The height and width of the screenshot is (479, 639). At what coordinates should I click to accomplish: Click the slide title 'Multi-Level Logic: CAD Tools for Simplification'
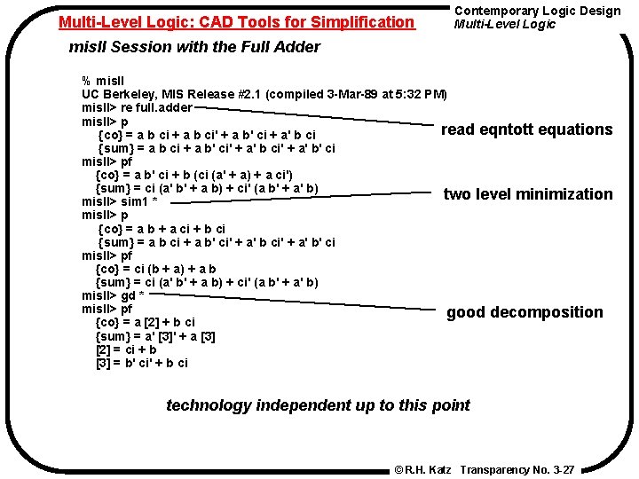(236, 21)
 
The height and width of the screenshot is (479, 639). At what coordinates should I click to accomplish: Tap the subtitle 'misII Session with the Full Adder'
(194, 47)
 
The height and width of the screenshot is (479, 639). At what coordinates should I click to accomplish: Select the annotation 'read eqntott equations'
(526, 130)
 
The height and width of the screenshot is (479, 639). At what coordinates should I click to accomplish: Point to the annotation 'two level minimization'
(528, 194)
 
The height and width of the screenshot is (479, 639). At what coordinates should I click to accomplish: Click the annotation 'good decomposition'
(525, 312)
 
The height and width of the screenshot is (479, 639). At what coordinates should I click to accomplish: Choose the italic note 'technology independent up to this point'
(319, 405)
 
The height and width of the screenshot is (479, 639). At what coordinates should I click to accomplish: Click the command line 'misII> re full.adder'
(137, 107)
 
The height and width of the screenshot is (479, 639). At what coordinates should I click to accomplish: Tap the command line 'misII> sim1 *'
(120, 201)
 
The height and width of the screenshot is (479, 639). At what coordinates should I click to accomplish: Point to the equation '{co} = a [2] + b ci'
(145, 322)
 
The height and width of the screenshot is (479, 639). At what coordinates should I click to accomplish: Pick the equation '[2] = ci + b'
(126, 349)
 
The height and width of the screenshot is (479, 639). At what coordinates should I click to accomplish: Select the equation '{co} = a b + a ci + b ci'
(162, 228)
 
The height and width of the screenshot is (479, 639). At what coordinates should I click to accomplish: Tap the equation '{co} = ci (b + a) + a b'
(155, 269)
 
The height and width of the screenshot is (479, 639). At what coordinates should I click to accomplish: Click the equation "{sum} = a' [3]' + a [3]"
(154, 336)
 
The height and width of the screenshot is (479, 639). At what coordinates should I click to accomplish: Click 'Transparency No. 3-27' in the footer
(518, 469)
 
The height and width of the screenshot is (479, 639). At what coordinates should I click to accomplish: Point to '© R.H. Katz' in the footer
(422, 469)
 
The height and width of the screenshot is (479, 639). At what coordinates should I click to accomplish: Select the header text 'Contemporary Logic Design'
(538, 11)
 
